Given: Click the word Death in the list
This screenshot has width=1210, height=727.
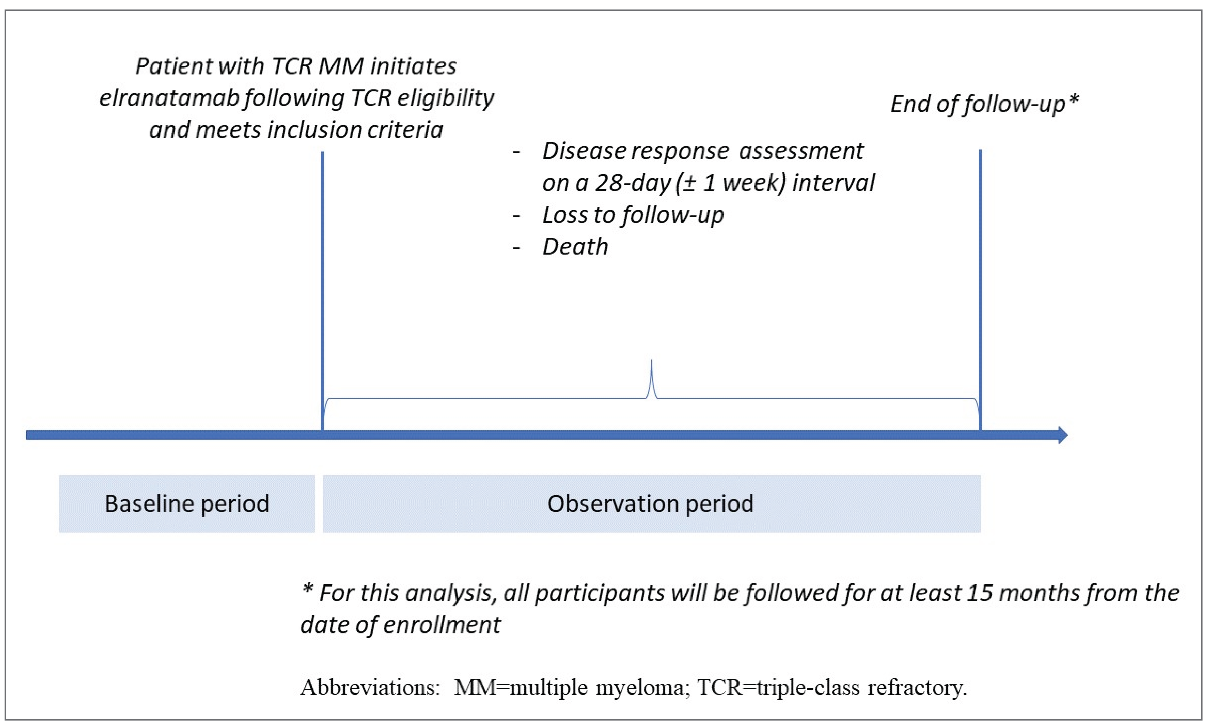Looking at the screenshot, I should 575,246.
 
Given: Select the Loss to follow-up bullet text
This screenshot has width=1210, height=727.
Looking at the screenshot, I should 633,215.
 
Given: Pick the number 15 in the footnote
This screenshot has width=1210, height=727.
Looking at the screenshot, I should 982,593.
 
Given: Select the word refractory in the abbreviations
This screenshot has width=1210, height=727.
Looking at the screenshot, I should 917,687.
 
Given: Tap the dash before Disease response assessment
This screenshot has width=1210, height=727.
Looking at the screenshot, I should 517,152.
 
